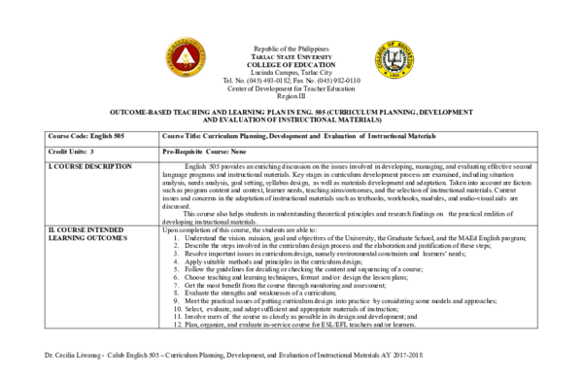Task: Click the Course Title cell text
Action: [x=300, y=136]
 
